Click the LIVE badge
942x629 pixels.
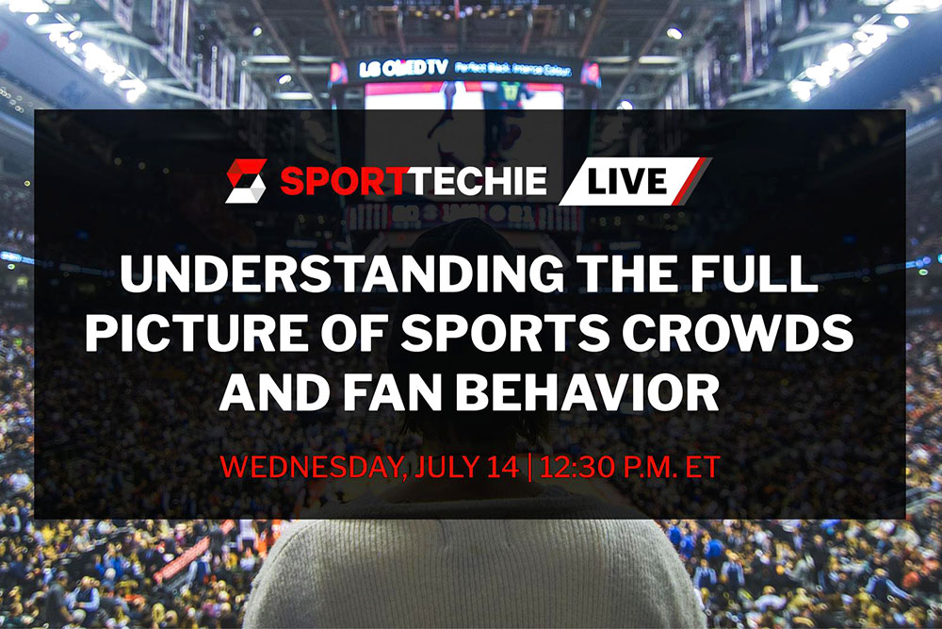(633, 181)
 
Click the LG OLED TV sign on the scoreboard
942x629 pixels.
(400, 68)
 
